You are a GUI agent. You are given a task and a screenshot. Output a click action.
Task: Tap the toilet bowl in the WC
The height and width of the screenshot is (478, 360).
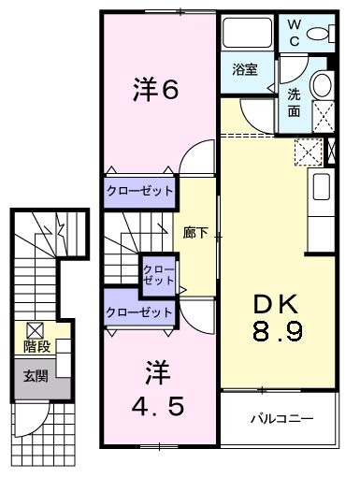pos(323,35)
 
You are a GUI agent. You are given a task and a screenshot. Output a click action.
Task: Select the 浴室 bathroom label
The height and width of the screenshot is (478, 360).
pos(245,70)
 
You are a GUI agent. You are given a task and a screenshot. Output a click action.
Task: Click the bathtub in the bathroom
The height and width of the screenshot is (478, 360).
pos(248,36)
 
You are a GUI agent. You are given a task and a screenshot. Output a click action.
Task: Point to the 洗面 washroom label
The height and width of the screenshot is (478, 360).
pos(293,102)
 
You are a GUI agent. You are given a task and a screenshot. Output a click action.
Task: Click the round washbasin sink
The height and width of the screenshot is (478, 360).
pos(322,86)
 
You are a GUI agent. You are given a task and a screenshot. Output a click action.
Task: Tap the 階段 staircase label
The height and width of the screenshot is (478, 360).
pos(36,347)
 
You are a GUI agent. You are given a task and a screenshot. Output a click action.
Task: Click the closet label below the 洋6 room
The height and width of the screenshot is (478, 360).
pos(140,191)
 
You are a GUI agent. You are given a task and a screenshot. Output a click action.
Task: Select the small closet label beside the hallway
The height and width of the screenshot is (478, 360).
pos(155,274)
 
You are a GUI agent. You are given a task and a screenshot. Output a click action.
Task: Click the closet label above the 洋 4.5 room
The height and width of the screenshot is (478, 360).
pos(140,311)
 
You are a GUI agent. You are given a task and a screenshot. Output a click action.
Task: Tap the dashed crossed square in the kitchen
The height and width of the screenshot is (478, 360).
pos(307,151)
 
